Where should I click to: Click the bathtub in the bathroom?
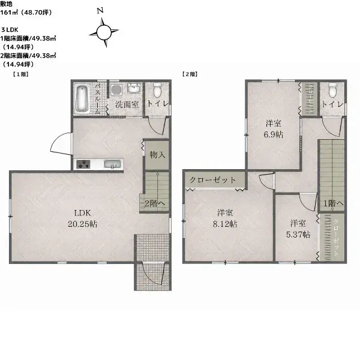click(x=82, y=99)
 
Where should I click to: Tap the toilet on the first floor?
click(x=157, y=90)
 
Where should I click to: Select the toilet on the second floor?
click(x=332, y=90)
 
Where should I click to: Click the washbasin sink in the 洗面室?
click(x=134, y=88)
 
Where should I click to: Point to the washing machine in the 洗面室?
click(x=116, y=90)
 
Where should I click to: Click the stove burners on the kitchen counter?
click(x=83, y=164)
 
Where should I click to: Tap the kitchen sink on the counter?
click(x=112, y=164)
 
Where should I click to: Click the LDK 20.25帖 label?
click(x=82, y=218)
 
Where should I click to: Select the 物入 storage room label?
click(x=157, y=155)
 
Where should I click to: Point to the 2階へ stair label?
click(x=155, y=203)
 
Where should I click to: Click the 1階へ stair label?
click(x=333, y=203)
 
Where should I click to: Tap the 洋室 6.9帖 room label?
click(x=273, y=129)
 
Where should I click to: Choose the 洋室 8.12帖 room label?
click(x=225, y=218)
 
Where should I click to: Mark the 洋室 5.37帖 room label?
click(x=298, y=229)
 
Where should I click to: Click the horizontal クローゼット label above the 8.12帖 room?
click(x=212, y=180)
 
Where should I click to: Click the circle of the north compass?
click(x=104, y=33)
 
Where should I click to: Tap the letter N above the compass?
click(x=100, y=11)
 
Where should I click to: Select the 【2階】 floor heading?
click(x=190, y=74)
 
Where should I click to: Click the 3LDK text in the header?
click(x=10, y=29)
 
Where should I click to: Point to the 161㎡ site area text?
click(x=9, y=13)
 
